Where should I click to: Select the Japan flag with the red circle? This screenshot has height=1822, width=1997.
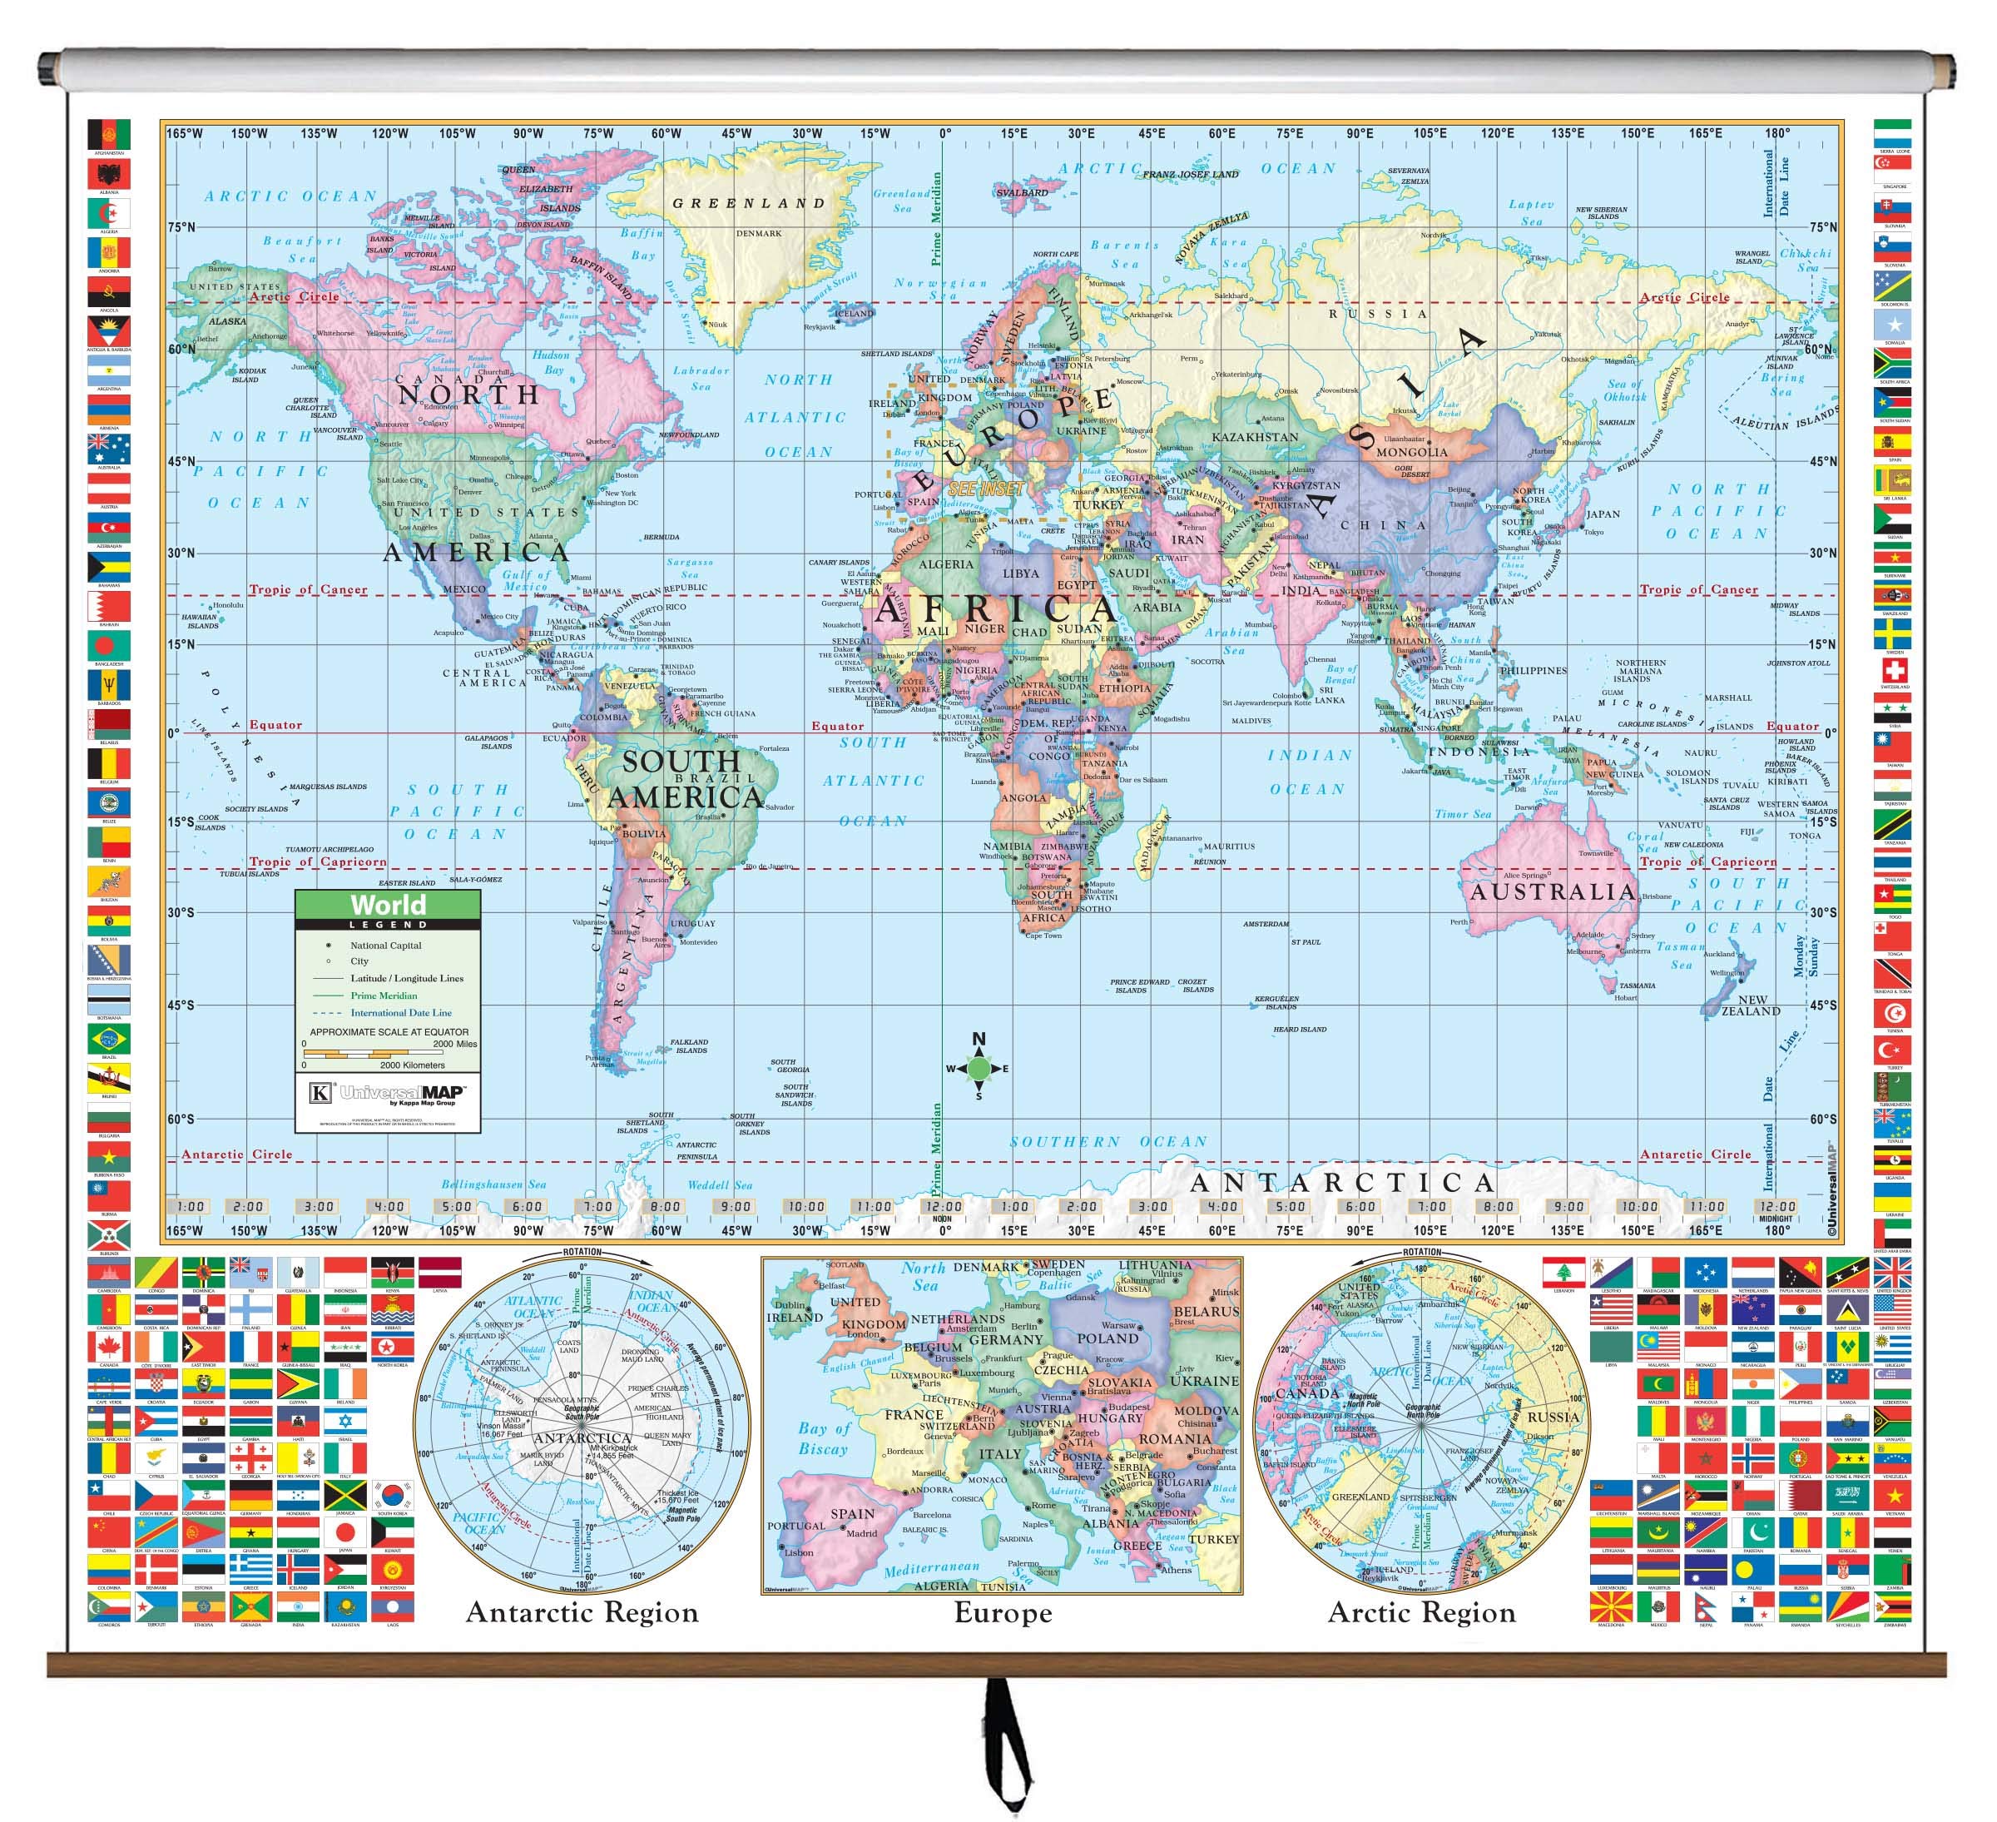pyautogui.click(x=345, y=1534)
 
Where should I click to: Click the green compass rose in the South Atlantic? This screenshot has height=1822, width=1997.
pyautogui.click(x=979, y=1068)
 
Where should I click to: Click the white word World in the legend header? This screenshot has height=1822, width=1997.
pyautogui.click(x=387, y=905)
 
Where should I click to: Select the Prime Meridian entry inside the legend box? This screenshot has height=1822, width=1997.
pyautogui.click(x=384, y=995)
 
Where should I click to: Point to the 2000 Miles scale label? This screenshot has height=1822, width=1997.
pyautogui.click(x=453, y=1043)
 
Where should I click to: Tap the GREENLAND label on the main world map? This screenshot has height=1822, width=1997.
pyautogui.click(x=749, y=203)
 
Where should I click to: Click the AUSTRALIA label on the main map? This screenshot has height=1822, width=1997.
pyautogui.click(x=1551, y=891)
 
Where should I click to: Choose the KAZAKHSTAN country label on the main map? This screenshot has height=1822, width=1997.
pyautogui.click(x=1255, y=437)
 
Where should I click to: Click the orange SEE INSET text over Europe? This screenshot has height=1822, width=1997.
pyautogui.click(x=986, y=489)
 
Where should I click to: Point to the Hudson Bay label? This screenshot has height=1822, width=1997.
pyautogui.click(x=552, y=361)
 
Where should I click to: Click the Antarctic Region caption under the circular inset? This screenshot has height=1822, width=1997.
pyautogui.click(x=582, y=1613)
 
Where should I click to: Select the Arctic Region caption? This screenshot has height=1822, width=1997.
pyautogui.click(x=1421, y=1613)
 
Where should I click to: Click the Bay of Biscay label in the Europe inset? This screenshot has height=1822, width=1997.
pyautogui.click(x=823, y=1437)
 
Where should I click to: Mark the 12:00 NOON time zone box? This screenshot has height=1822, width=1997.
pyautogui.click(x=943, y=1208)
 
